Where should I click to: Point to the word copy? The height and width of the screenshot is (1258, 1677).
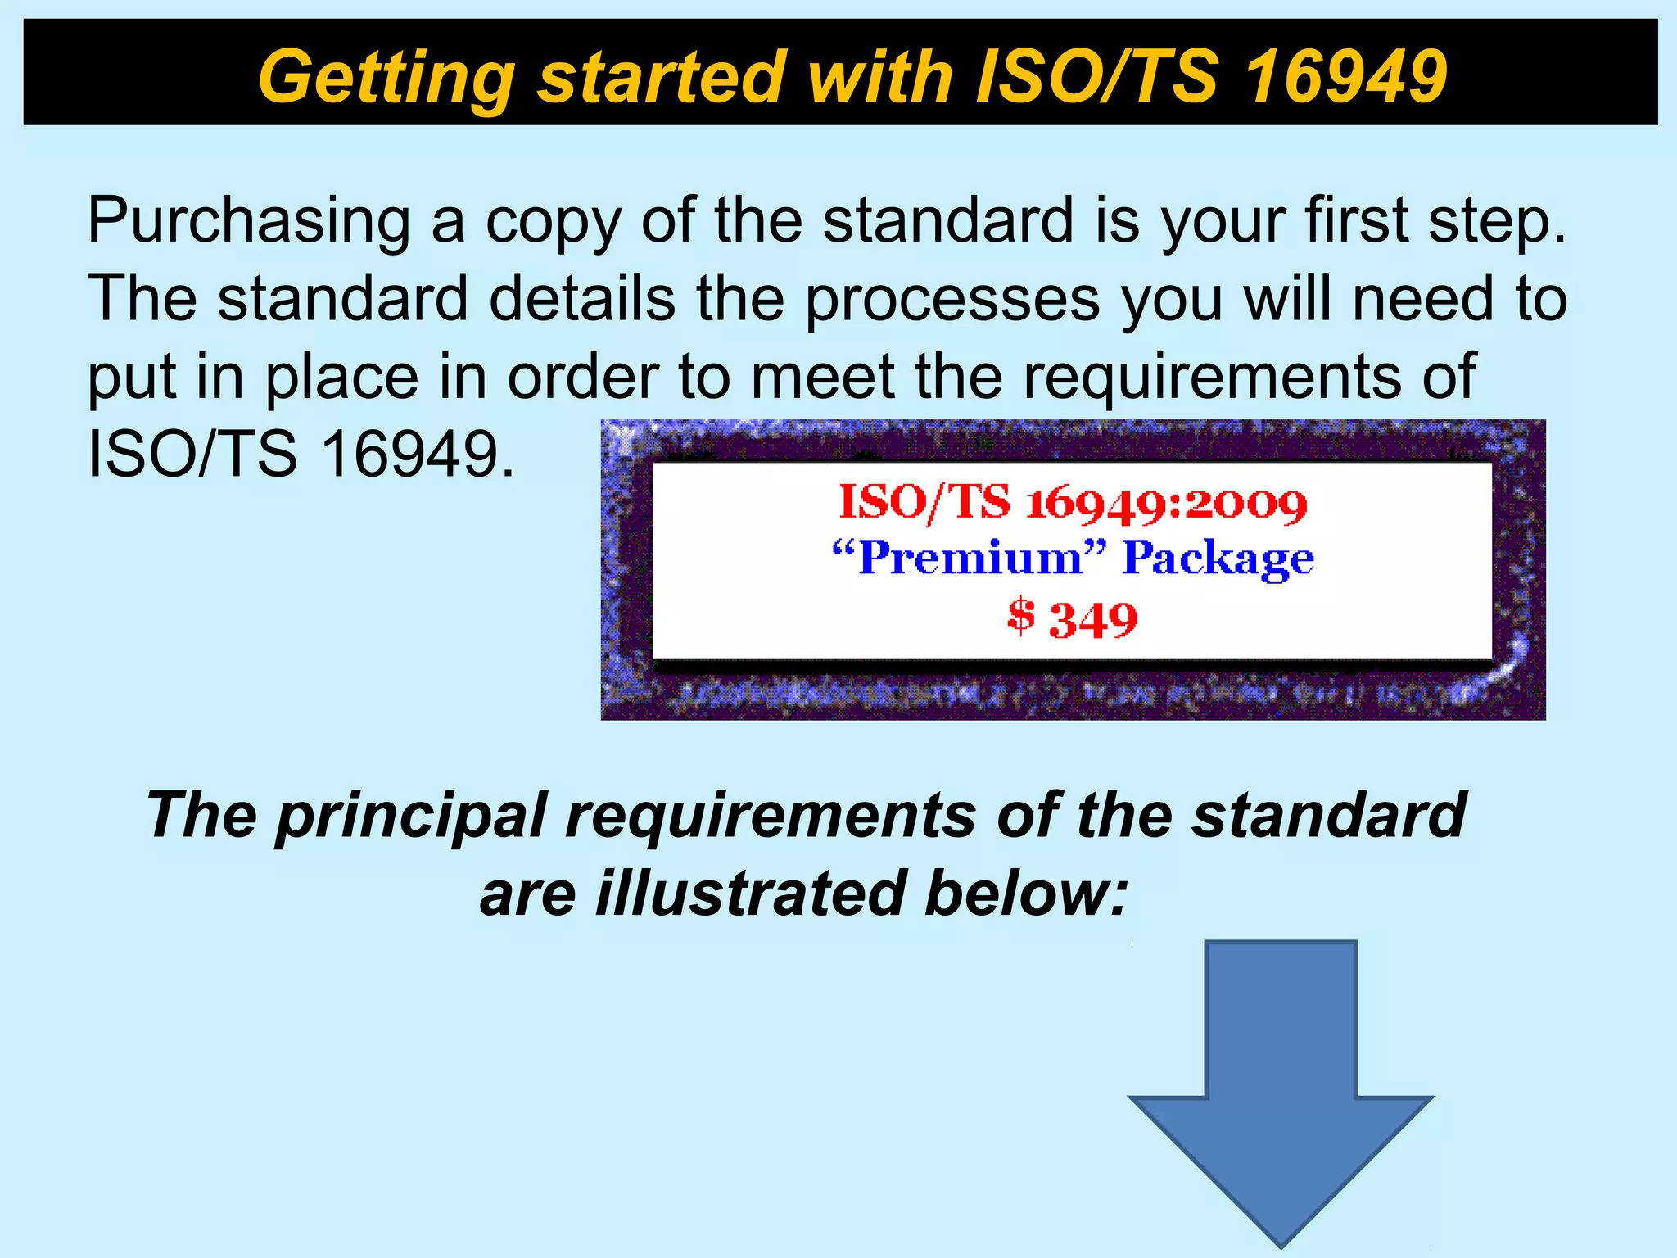553,223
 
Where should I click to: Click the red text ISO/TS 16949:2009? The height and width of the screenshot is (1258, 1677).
1073,503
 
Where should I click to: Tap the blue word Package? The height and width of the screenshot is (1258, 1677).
1218,560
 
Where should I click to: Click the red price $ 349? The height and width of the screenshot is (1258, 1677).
1073,618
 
